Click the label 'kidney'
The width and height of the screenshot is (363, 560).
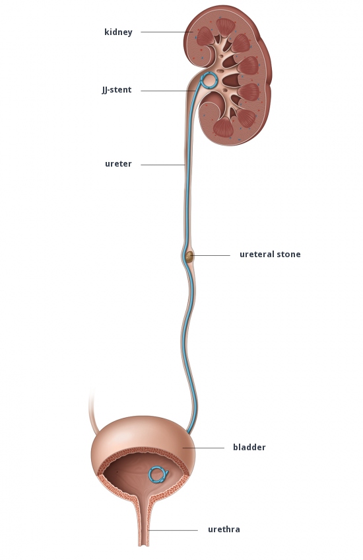pyautogui.click(x=118, y=32)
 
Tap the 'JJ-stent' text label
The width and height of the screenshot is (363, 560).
pyautogui.click(x=117, y=90)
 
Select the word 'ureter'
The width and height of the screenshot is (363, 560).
pyautogui.click(x=118, y=164)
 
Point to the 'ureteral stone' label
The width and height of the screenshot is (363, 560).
pyautogui.click(x=270, y=255)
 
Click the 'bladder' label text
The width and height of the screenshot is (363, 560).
pyautogui.click(x=249, y=447)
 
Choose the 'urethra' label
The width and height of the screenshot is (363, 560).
pyautogui.click(x=224, y=530)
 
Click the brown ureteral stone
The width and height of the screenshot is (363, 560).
pyautogui.click(x=189, y=256)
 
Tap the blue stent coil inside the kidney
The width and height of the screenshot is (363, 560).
pyautogui.click(x=209, y=81)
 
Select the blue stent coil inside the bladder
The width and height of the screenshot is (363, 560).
pyautogui.click(x=158, y=475)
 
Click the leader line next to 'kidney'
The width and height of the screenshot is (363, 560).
pyautogui.click(x=164, y=32)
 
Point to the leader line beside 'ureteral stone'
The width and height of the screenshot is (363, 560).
pyautogui.click(x=212, y=255)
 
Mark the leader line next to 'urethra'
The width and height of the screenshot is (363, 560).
pyautogui.click(x=174, y=530)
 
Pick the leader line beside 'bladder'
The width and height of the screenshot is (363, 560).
pyautogui.click(x=203, y=448)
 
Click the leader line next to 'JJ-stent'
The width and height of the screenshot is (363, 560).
pyautogui.click(x=168, y=91)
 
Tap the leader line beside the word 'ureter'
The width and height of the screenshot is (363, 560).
pyautogui.click(x=163, y=165)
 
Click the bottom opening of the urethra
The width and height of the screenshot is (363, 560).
pyautogui.click(x=143, y=545)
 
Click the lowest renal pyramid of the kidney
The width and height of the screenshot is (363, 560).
pyautogui.click(x=224, y=128)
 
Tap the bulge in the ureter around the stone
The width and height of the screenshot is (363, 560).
pyautogui.click(x=188, y=256)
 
